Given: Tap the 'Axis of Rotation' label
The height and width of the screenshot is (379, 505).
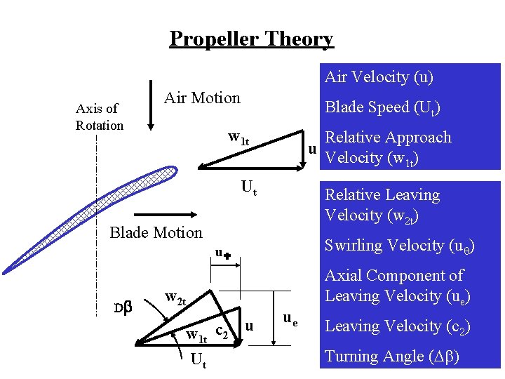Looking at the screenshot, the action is (x=99, y=117).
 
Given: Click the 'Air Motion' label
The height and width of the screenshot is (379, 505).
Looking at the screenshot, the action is (x=202, y=98).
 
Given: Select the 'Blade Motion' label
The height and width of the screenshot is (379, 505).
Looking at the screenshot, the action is (x=156, y=232).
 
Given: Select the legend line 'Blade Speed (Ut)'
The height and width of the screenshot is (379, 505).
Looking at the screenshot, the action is (x=382, y=107).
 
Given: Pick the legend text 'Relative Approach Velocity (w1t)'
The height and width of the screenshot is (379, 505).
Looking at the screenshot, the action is (x=388, y=147).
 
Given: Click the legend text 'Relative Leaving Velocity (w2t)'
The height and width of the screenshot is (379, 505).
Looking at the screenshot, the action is (x=382, y=204).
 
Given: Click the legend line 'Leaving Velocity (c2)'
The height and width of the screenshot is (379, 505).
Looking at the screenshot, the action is (x=398, y=326).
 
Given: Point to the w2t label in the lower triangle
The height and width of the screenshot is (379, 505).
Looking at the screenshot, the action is (x=175, y=298).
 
